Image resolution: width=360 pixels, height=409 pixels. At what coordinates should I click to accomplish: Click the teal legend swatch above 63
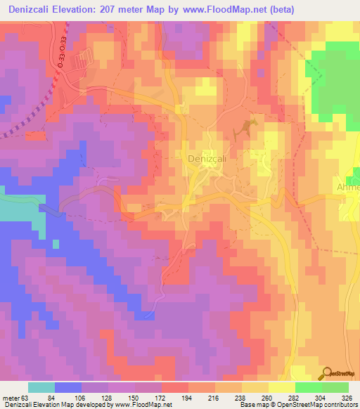point(41,387)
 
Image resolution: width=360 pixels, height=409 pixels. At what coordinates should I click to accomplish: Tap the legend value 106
point(94,398)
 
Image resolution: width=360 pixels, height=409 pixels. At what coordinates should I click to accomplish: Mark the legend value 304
point(308,398)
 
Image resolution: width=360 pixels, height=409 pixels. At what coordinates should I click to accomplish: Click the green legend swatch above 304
point(308,387)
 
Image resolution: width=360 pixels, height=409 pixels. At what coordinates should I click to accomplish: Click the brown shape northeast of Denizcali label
point(247,127)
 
